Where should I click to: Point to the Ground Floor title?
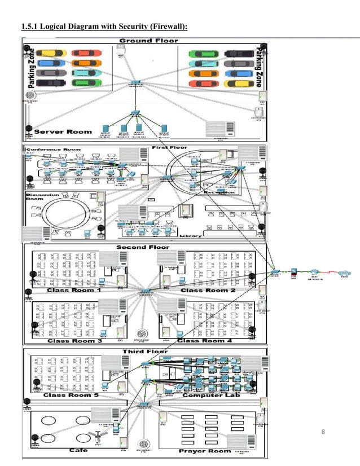[148, 41]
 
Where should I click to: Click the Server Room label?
[63, 131]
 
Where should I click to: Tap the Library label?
[190, 236]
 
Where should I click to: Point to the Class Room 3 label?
[75, 341]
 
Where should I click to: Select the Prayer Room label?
[205, 451]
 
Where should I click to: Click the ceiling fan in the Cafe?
[97, 435]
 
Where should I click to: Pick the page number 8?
[323, 433]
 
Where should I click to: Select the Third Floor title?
[145, 351]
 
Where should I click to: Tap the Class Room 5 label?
[72, 395]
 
